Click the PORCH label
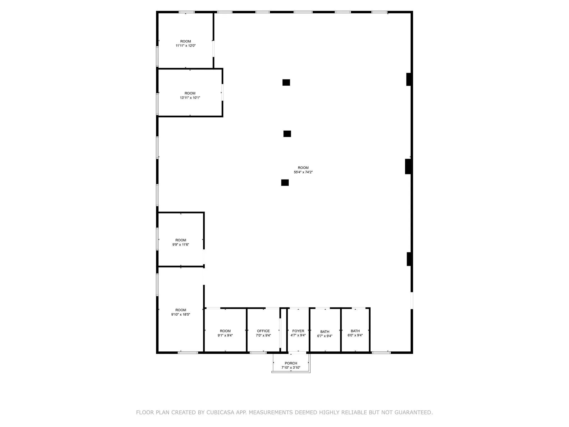pos(291,363)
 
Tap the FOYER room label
pos(298,331)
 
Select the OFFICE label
pos(263,331)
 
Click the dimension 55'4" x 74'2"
pos(303,172)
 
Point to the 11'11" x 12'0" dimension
pos(186,46)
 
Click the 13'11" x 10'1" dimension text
pos(190,98)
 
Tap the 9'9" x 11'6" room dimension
pos(181,245)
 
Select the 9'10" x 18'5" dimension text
pos(181,314)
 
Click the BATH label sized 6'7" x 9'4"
pos(325,331)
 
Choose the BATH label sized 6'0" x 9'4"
pos(355,331)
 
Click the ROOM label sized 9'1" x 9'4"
pos(225,331)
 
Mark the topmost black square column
pos(286,83)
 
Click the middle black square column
pos(287,134)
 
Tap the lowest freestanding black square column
pos(285,183)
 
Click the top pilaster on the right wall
pos(408,79)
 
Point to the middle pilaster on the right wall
pos(408,166)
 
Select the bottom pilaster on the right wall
pos(409,259)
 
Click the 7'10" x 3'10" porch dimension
pos(291,368)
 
